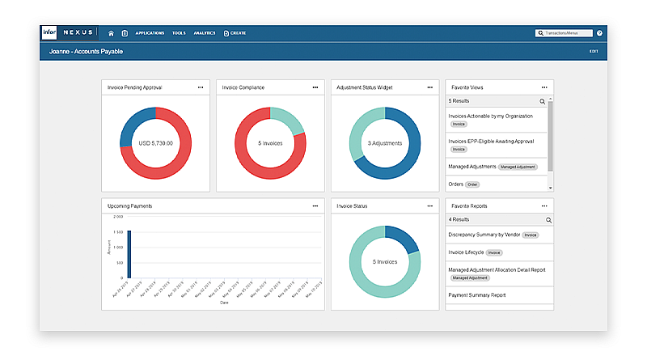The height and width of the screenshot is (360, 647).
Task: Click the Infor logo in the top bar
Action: click(49, 33)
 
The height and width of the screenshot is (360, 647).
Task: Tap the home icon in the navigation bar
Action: click(111, 33)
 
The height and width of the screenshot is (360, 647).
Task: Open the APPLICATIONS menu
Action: click(150, 33)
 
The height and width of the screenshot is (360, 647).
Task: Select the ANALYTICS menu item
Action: click(205, 33)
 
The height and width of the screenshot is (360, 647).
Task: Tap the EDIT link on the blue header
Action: click(594, 51)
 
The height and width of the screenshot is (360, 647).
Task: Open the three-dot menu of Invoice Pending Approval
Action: click(200, 87)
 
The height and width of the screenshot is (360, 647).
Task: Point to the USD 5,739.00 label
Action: click(155, 143)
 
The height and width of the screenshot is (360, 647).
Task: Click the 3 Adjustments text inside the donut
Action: click(385, 143)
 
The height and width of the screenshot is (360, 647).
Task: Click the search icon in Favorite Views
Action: click(543, 101)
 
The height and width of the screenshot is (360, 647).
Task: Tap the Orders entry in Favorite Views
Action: click(456, 184)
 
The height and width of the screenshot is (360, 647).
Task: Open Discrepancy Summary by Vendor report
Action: click(484, 235)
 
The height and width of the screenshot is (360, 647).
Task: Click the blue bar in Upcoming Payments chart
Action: click(129, 256)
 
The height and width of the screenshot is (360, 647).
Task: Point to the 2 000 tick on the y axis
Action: click(118, 217)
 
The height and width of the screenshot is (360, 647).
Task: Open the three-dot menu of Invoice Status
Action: click(429, 206)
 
